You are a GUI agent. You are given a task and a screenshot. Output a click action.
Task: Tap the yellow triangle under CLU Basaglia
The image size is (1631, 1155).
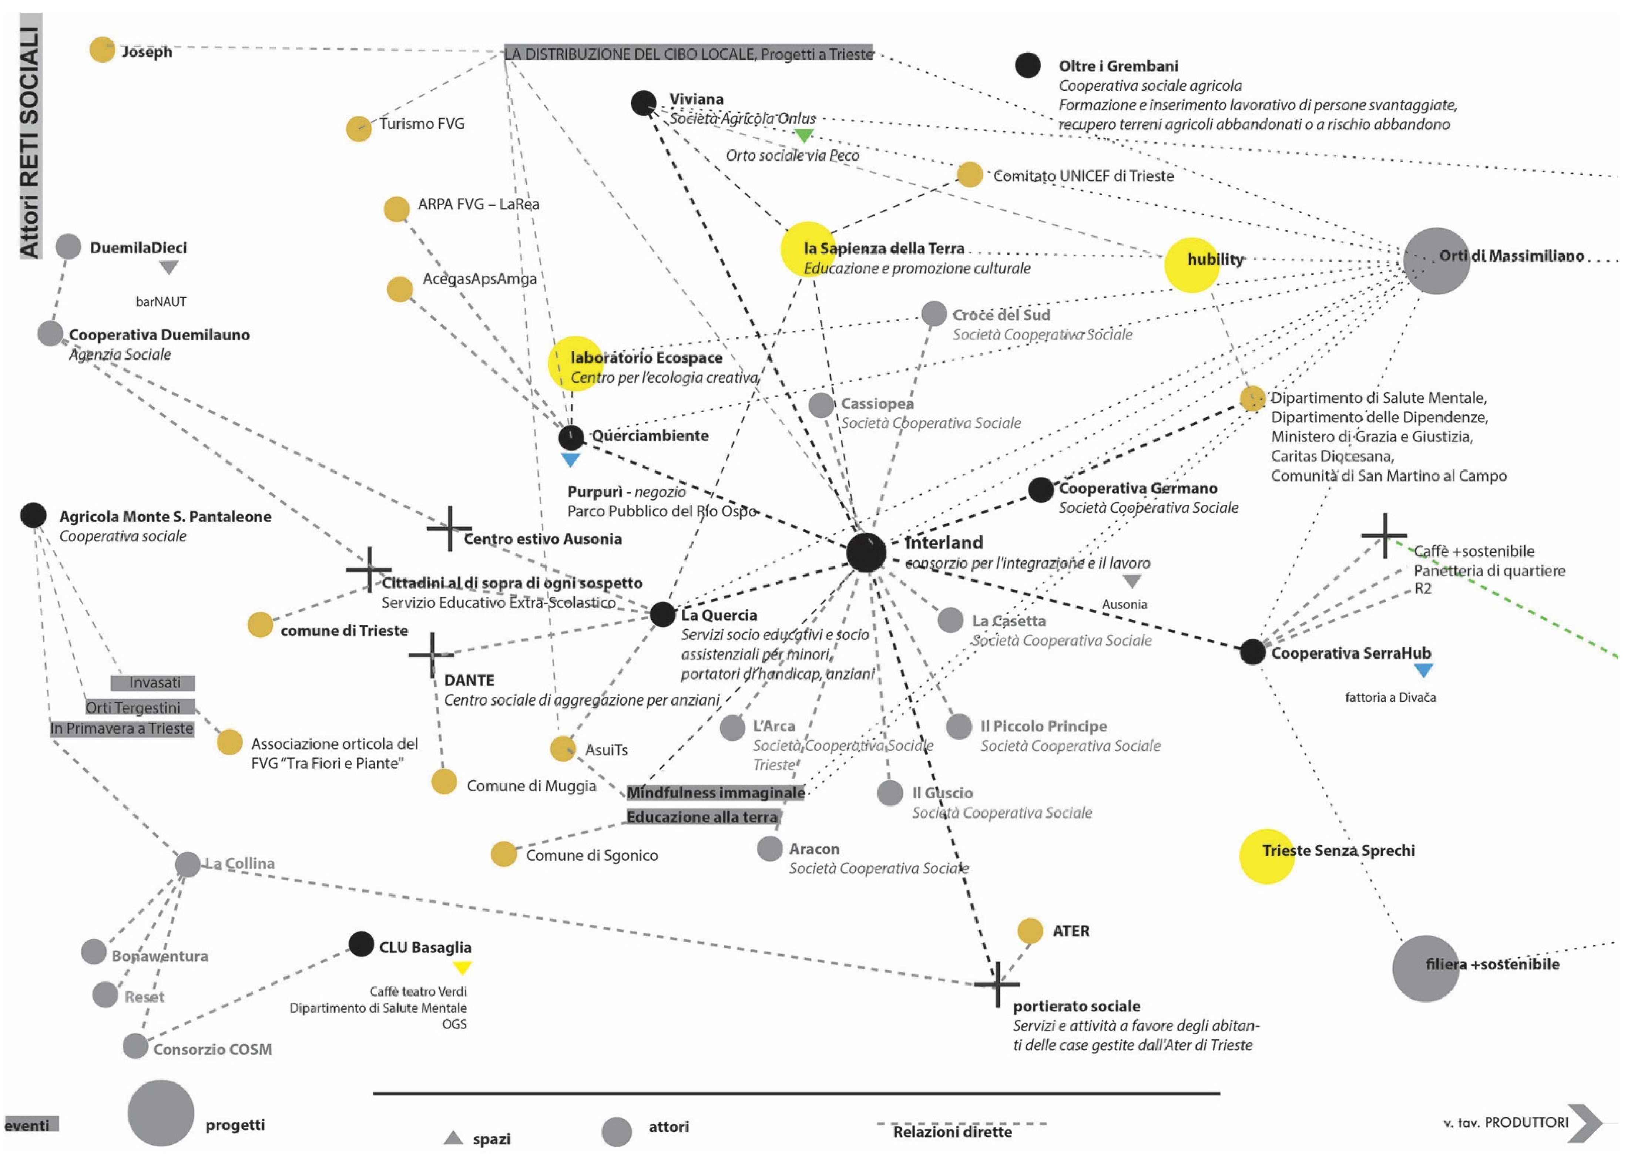462,967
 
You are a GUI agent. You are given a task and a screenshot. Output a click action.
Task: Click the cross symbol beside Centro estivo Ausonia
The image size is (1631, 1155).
449,528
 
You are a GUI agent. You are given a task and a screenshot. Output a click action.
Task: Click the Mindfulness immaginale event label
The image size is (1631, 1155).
715,792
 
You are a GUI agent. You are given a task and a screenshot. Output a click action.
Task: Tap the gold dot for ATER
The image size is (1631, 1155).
1030,930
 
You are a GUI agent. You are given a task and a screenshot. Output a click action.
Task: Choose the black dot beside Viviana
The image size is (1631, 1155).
644,103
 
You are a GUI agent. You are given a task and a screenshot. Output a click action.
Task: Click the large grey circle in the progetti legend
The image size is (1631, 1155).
161,1113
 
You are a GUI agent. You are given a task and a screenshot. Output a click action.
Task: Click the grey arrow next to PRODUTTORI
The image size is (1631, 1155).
1585,1123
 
